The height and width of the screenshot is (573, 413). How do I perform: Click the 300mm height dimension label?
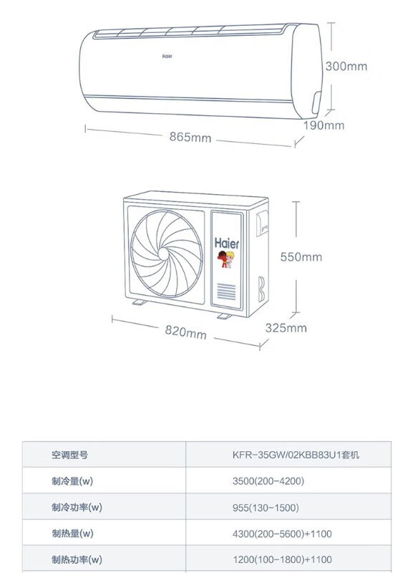pos(346,67)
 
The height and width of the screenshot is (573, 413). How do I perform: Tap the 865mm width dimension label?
pos(190,137)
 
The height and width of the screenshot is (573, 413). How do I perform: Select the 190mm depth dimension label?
pos(324,125)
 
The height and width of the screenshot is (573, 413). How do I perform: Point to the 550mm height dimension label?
pos(301,257)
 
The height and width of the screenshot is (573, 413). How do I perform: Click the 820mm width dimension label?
pos(185,332)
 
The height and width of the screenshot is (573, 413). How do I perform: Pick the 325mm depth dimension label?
pos(286,328)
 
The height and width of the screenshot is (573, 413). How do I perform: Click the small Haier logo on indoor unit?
pos(167,57)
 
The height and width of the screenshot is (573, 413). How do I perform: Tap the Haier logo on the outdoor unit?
pos(227,243)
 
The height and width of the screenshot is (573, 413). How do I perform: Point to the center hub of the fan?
pos(163,254)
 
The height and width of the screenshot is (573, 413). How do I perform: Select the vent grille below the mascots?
pos(226,292)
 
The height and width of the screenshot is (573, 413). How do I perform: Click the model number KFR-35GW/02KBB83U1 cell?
pos(296,455)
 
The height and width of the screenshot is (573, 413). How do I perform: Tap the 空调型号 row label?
pos(69,455)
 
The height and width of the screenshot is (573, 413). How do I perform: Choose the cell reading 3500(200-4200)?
pos(268,481)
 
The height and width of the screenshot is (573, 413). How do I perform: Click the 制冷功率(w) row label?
pos(77,507)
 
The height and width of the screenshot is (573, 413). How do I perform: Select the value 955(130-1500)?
pos(266,508)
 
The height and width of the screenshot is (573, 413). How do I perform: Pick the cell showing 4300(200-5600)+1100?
pos(282,534)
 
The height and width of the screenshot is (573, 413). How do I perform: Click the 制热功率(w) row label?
pos(77,559)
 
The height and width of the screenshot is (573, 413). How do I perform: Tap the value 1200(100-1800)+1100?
pos(282,559)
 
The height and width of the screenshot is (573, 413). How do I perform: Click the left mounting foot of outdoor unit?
pos(139,302)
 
